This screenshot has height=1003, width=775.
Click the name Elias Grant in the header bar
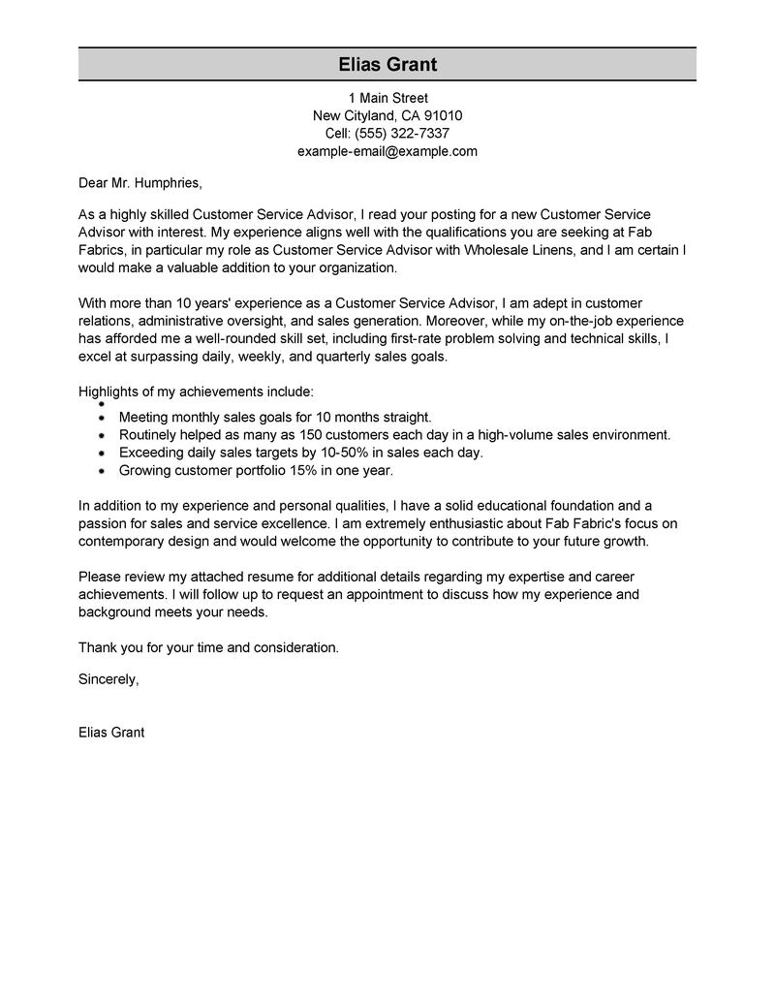(x=387, y=65)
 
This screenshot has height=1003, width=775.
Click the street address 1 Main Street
(x=387, y=98)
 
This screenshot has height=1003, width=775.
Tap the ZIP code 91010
(x=442, y=115)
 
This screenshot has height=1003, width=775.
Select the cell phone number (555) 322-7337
(x=402, y=134)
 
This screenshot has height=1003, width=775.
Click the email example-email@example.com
(x=387, y=152)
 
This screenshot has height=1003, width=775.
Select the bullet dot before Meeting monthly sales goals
(x=102, y=416)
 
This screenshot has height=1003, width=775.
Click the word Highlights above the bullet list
(x=108, y=392)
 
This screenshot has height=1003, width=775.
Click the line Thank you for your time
(x=208, y=646)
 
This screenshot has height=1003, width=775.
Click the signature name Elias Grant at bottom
(x=111, y=733)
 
